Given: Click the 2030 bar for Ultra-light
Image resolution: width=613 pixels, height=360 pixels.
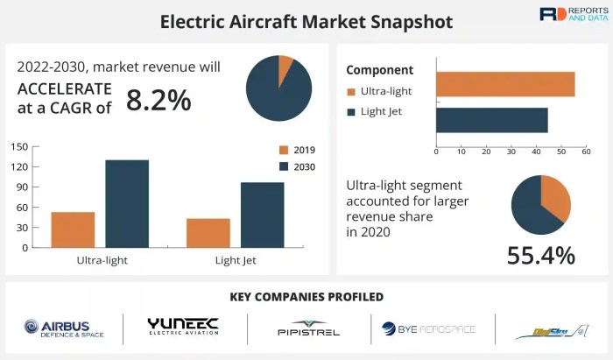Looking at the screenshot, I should (127, 203).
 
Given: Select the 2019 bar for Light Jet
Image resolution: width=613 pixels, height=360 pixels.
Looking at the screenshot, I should (208, 233).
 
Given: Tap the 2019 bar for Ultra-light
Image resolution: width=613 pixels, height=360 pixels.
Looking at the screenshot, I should (73, 229).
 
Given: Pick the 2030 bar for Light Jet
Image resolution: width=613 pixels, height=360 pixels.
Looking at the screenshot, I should (262, 215).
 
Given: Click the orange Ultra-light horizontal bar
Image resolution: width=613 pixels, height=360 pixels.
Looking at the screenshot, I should (504, 84).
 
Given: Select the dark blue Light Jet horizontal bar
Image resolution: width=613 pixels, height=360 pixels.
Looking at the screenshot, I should (491, 120).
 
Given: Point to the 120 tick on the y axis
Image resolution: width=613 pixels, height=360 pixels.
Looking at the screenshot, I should (21, 166).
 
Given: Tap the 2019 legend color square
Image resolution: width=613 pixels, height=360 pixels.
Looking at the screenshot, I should (284, 150).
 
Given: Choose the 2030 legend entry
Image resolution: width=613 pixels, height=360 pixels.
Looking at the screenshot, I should (297, 166).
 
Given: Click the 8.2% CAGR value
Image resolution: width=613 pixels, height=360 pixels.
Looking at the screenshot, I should (159, 101).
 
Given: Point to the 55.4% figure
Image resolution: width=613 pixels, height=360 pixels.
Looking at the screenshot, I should (540, 255).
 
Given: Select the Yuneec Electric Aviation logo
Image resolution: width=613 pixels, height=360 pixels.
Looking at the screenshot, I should (183, 328).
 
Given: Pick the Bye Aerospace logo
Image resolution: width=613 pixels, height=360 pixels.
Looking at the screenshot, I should (428, 329).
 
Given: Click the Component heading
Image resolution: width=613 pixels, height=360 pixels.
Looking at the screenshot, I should (378, 69).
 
